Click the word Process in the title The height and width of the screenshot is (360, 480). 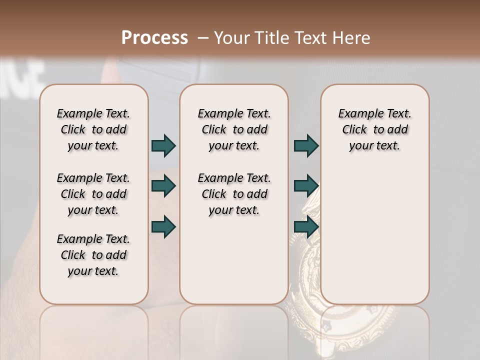[x=154, y=37]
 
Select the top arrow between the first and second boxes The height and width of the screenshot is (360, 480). [x=163, y=145]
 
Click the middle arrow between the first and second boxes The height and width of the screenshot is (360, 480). [x=163, y=186]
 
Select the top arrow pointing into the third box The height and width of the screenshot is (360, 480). [x=306, y=145]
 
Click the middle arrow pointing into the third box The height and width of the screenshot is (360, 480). [x=306, y=186]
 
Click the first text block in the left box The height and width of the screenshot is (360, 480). [x=93, y=129]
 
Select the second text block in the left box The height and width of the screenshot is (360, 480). [x=93, y=194]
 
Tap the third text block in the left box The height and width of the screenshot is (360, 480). [x=93, y=255]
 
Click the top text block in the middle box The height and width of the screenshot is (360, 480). [x=234, y=129]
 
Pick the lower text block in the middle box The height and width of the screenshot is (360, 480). [x=234, y=194]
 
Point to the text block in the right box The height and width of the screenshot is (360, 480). [x=374, y=129]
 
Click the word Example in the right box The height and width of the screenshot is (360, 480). [x=359, y=114]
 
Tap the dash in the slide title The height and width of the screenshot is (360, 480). [x=203, y=37]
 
